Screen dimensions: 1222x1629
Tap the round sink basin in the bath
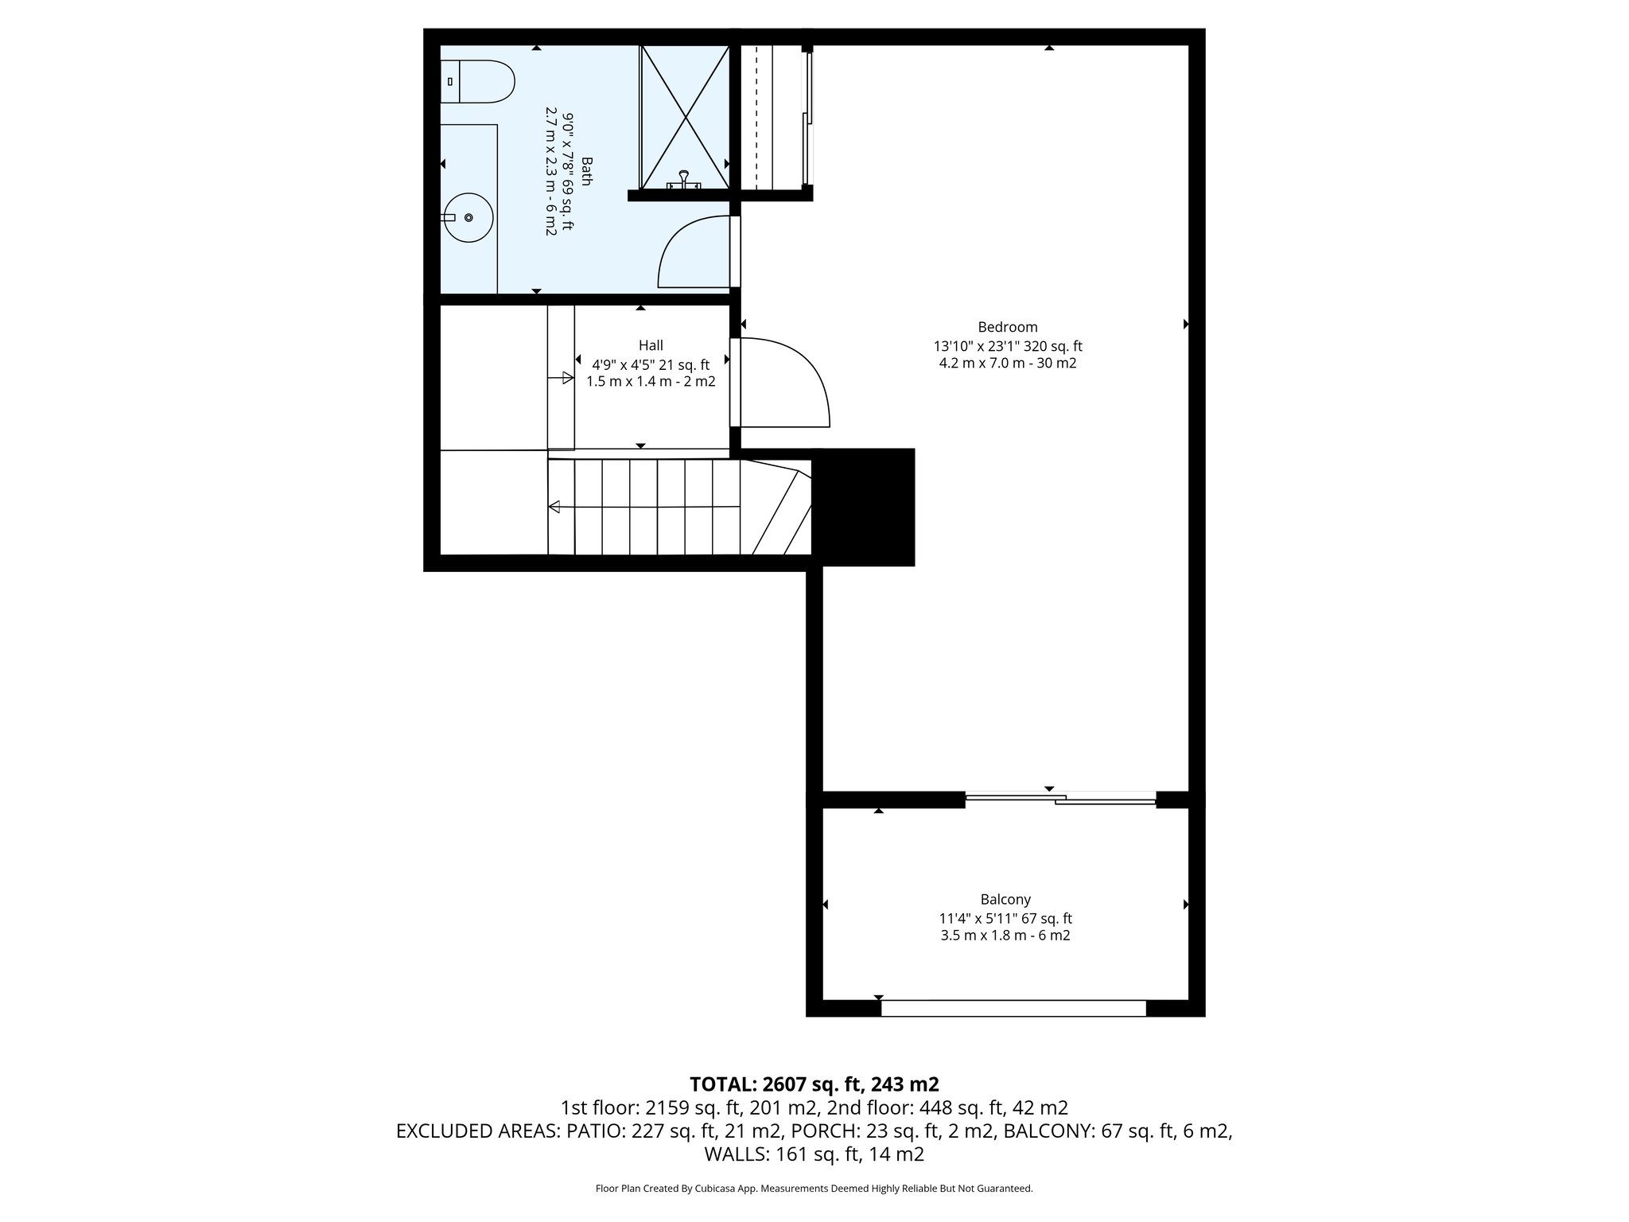pos(468,217)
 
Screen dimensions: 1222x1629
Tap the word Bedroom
pos(1007,327)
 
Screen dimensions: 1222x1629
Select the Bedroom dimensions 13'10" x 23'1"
pos(1007,346)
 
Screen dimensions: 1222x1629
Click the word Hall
pos(651,345)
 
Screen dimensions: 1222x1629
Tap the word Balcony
pos(1005,899)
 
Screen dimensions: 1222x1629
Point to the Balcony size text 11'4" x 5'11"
pos(1005,918)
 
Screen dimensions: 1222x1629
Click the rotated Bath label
pos(587,171)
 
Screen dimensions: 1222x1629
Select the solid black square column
pos(867,507)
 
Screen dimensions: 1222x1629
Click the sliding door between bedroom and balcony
pos(1059,798)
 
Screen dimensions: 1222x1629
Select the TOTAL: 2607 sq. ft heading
pos(814,1084)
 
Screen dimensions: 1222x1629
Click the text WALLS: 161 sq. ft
pos(814,1154)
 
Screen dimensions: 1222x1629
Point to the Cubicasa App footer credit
pos(814,1189)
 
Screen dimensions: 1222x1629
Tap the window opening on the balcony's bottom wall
pos(1013,1008)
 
